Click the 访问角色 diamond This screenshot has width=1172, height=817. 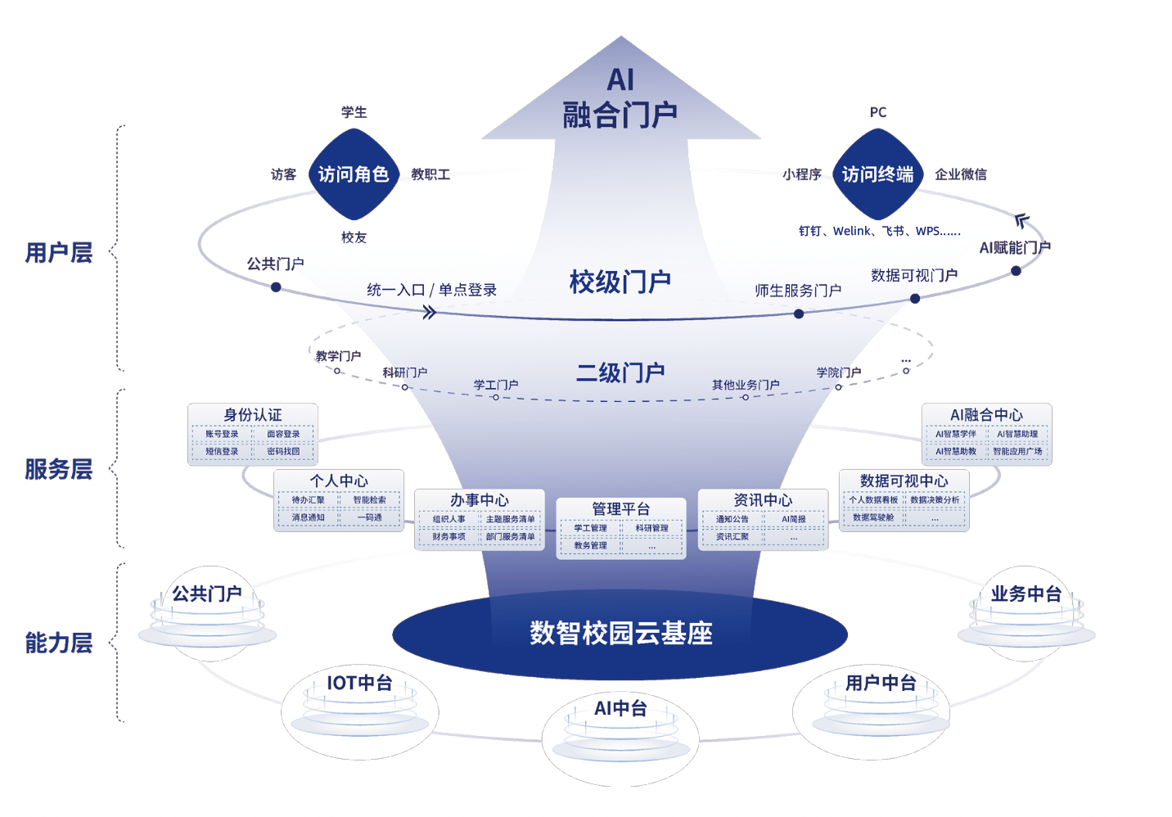[x=353, y=174]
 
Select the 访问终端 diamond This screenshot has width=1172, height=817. [x=877, y=174]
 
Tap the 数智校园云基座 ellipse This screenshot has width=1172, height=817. [x=620, y=633]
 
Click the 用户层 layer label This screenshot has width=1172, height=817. [x=58, y=253]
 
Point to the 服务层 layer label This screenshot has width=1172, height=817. [x=58, y=469]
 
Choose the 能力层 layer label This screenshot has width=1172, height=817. [x=58, y=643]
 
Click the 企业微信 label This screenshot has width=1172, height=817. [x=960, y=174]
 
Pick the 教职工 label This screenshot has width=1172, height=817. [x=430, y=174]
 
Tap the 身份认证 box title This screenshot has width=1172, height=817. [x=252, y=415]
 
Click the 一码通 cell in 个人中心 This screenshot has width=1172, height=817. [x=369, y=517]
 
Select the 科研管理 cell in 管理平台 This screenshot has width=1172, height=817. [x=651, y=528]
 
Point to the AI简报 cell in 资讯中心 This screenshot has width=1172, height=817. [x=793, y=519]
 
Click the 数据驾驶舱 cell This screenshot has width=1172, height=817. [x=873, y=517]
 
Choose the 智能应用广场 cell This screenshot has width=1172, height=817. [x=1017, y=451]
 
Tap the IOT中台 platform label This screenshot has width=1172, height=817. [x=359, y=683]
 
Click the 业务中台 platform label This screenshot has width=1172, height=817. [x=1025, y=594]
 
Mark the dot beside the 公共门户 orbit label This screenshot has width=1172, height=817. [x=276, y=287]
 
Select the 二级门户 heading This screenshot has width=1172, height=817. [x=620, y=373]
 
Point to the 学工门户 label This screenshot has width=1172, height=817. [x=496, y=385]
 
